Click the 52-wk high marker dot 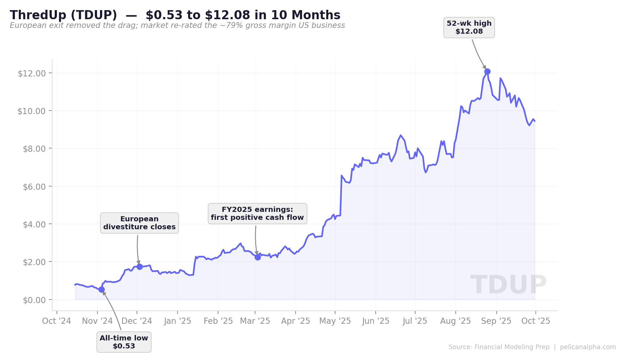click(487, 72)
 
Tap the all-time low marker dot click(101, 289)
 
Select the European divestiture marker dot click(139, 267)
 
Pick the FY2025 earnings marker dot click(258, 258)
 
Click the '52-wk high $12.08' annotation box click(469, 28)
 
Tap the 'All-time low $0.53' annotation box click(124, 342)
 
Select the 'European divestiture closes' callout click(139, 223)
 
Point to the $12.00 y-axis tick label click(32, 74)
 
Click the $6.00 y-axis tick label click(32, 187)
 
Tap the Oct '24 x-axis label click(57, 321)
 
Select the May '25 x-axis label click(335, 321)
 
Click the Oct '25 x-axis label click(536, 321)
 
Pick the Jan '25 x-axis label click(178, 321)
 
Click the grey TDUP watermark click(508, 285)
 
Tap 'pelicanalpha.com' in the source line click(588, 347)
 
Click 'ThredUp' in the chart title click(38, 15)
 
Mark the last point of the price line click(535, 121)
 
